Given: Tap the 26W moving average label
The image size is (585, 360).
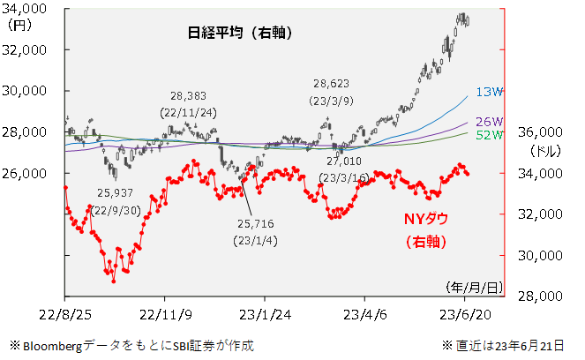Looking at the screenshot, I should pyautogui.click(x=488, y=122).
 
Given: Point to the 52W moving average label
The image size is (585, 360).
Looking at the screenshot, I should pyautogui.click(x=488, y=135).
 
